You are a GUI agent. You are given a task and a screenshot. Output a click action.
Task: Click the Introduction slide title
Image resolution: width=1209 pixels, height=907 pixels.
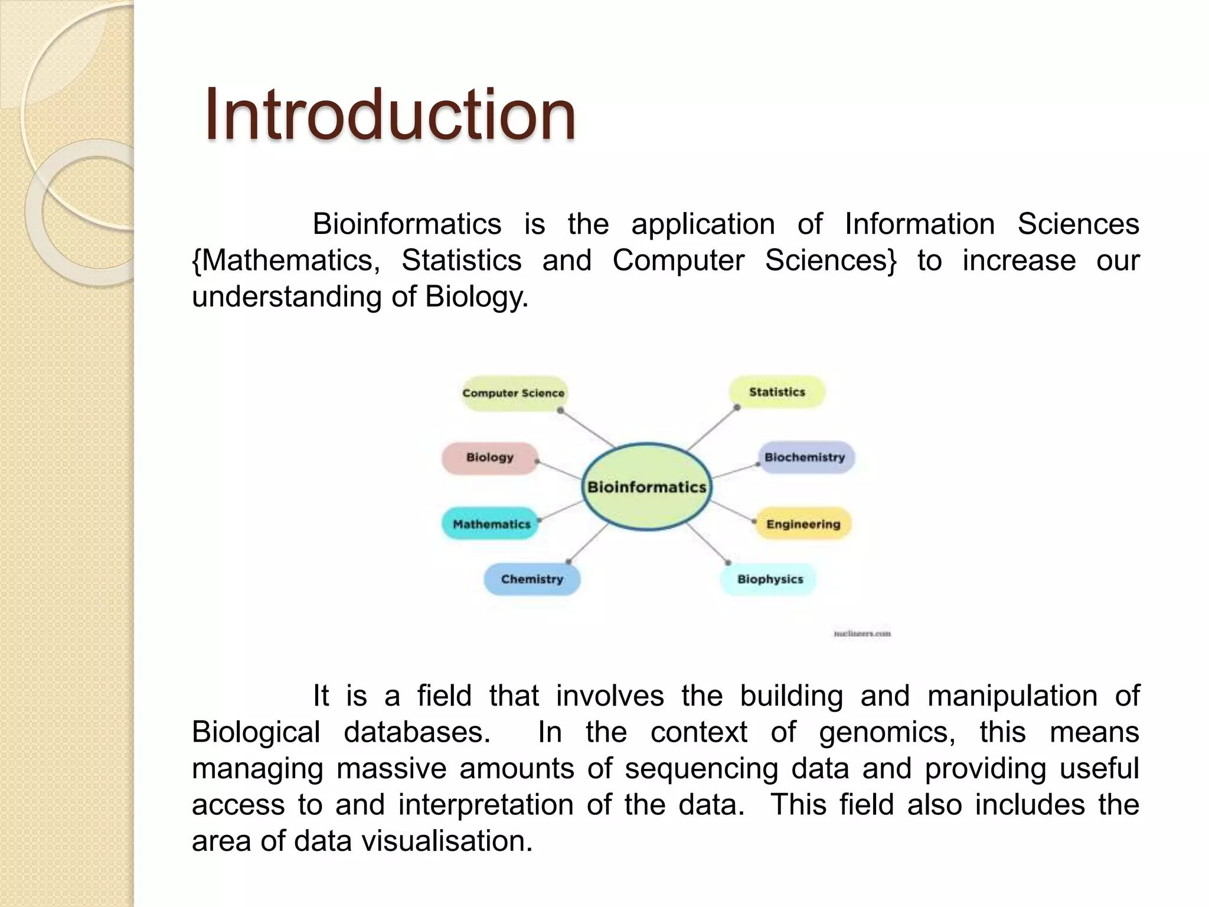pos(390,115)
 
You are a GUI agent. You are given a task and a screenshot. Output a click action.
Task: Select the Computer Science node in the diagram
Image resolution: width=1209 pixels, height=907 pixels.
pos(514,393)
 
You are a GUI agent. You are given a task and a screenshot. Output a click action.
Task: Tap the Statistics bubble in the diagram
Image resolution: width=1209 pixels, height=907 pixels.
pos(777,392)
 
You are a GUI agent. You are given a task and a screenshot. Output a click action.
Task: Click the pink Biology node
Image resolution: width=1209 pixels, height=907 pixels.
pos(490,458)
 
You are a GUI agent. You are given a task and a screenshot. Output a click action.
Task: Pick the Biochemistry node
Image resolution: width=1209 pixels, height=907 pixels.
pos(805,458)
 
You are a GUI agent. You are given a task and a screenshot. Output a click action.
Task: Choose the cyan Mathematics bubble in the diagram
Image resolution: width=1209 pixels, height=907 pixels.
pos(491,524)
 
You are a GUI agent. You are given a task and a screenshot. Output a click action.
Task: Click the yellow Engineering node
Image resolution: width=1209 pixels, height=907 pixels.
pos(803,524)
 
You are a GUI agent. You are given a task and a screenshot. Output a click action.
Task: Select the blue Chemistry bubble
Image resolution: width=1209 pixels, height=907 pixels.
pos(532,579)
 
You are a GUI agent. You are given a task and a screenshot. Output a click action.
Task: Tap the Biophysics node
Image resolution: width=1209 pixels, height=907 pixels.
pos(770,579)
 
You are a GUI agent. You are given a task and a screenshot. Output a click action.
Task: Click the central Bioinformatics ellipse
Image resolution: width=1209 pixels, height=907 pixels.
pos(647,487)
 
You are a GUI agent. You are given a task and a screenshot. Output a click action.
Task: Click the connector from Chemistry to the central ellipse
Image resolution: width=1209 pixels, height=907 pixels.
pos(588,543)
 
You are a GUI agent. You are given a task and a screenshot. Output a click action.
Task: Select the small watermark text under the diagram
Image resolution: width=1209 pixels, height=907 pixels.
pos(862,634)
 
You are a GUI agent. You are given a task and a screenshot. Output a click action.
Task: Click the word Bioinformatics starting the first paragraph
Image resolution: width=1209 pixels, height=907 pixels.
pos(407,224)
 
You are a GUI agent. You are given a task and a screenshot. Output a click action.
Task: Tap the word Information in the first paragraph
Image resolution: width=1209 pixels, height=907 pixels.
pos(919,224)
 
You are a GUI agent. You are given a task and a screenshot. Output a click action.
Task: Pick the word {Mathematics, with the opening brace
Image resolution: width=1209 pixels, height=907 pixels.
pos(286,260)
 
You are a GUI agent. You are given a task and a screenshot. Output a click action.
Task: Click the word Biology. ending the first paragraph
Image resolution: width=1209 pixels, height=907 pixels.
pos(476,296)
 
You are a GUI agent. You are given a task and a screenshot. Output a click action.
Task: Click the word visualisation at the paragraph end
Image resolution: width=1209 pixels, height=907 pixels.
pos(447,841)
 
